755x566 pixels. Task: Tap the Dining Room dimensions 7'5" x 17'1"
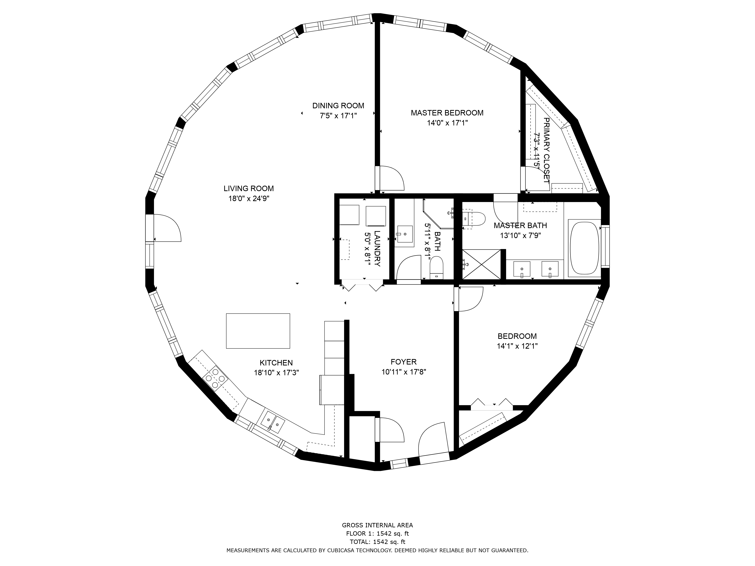[338, 116]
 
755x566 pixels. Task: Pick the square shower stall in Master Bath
[482, 265]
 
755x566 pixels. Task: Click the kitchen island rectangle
[258, 331]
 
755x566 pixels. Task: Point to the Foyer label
[404, 362]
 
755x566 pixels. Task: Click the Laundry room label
[377, 249]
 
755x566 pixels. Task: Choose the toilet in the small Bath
[436, 268]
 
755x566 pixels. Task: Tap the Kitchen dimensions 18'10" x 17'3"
[277, 373]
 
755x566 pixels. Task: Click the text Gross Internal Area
[377, 525]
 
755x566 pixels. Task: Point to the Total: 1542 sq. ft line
[377, 542]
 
